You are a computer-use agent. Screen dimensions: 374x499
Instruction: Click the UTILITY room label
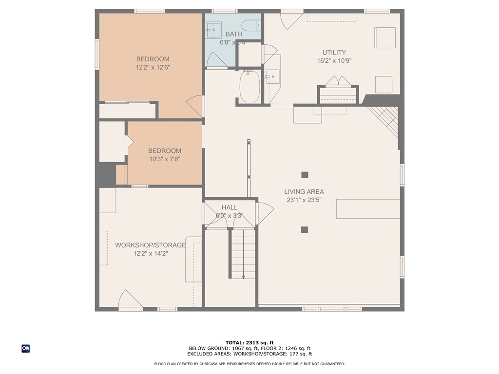[x=334, y=53]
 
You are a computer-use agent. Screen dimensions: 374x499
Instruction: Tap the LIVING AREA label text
[x=304, y=192]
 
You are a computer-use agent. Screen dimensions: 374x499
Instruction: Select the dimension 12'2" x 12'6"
[x=153, y=68]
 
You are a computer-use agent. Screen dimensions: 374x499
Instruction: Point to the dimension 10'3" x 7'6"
[x=165, y=159]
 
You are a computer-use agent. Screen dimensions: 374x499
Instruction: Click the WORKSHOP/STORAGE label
[x=150, y=245]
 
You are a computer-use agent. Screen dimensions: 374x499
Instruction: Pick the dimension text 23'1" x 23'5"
[x=304, y=200]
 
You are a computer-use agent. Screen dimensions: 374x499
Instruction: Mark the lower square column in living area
[x=305, y=229]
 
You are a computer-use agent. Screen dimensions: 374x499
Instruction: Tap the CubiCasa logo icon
[x=26, y=348]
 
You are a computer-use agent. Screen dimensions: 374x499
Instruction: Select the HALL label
[x=230, y=207]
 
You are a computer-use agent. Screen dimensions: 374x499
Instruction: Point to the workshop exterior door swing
[x=130, y=299]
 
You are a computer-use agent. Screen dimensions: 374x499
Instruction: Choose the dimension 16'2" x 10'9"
[x=334, y=61]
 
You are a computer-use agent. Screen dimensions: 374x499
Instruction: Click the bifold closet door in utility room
[x=339, y=81]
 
